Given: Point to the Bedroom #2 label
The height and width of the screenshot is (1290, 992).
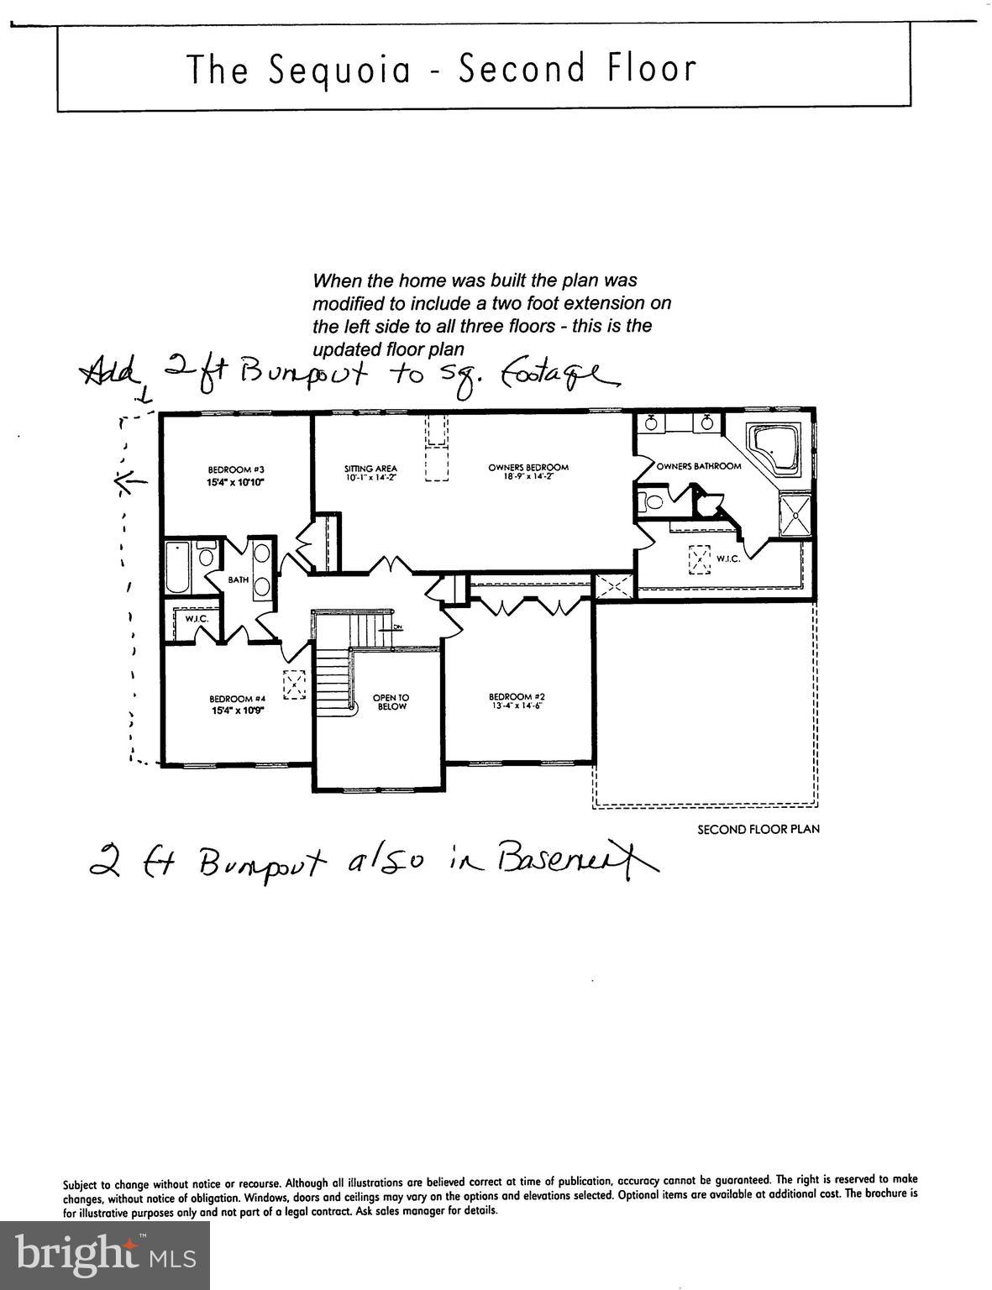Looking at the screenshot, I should [517, 696].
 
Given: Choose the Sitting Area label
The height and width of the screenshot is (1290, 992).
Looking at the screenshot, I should [370, 469].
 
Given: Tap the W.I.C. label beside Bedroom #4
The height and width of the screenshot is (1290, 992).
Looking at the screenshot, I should [197, 619].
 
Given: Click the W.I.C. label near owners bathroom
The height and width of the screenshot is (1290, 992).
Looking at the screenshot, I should [727, 558].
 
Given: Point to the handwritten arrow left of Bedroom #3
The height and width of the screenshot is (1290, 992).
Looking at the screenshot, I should [130, 481].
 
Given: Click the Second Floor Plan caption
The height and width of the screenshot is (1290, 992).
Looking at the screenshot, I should [758, 829].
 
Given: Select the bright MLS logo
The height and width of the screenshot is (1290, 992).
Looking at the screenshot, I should [105, 1255].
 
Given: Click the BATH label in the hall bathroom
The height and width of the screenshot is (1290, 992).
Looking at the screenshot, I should [239, 579].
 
